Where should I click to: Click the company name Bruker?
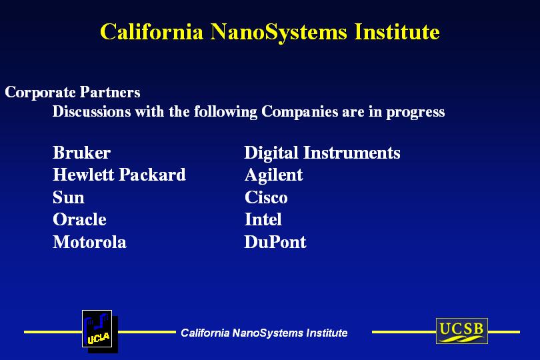point(81,153)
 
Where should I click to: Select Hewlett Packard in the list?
point(119,175)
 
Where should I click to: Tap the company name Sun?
point(69,197)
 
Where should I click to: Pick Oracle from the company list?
point(79,219)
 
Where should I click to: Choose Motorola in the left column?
point(89,242)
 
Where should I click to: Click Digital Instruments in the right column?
point(323,153)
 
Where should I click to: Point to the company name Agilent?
point(274,175)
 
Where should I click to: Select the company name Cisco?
point(266,197)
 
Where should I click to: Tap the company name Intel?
point(263,219)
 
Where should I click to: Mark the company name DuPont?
point(275,242)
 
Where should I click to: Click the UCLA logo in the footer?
point(100,331)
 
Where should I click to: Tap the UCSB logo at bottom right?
point(462,331)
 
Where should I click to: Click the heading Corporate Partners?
point(72,92)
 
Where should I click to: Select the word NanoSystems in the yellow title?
point(278,33)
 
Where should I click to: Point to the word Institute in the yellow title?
point(397,32)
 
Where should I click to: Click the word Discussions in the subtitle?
point(91,111)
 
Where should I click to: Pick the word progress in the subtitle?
point(415,113)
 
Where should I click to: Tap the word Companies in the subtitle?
point(299,112)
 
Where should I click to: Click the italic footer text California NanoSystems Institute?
point(264,333)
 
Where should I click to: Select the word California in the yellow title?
point(151,32)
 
